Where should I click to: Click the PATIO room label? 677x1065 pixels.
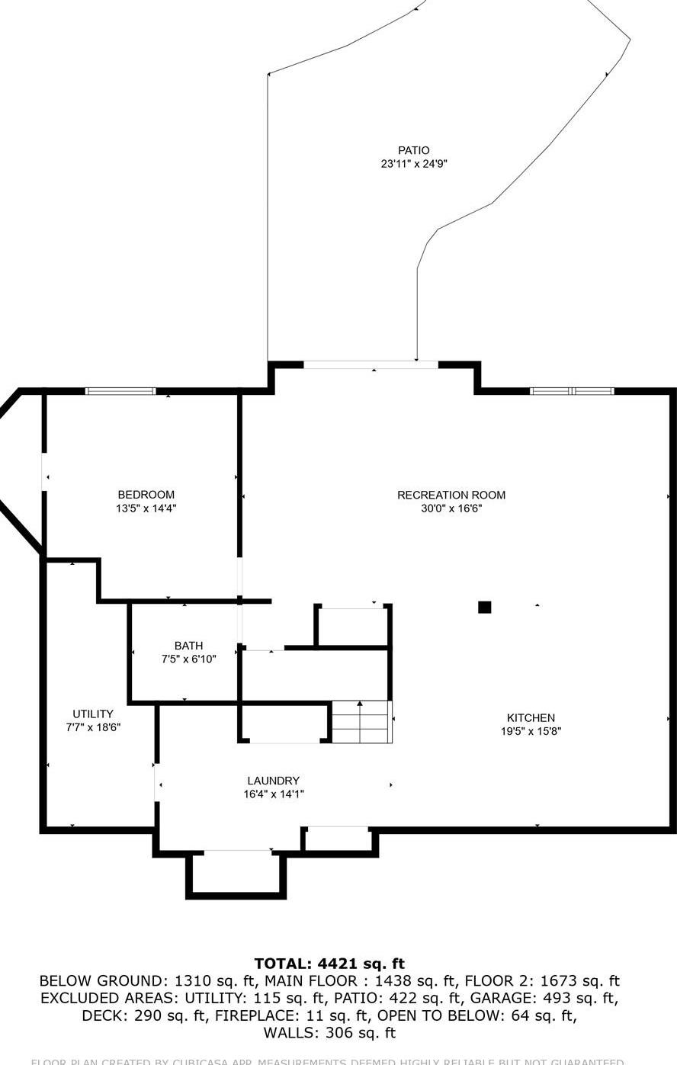point(413,150)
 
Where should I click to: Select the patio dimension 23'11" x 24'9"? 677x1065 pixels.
point(413,164)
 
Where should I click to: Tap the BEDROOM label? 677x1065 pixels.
point(146,495)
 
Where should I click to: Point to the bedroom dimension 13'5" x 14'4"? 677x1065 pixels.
point(146,508)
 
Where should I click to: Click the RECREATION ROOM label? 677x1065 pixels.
point(451,495)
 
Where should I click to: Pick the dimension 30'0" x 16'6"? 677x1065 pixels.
point(451,508)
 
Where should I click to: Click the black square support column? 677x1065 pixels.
point(484,608)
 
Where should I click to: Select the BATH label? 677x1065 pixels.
point(188,646)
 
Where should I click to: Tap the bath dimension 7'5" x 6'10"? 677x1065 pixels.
point(188,659)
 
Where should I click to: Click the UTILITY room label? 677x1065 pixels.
point(93,714)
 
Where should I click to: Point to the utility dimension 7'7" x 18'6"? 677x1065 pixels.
point(93,728)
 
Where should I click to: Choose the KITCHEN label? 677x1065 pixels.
point(531,717)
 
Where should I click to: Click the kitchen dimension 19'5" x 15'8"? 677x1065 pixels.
point(531,731)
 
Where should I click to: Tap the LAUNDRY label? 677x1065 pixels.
point(273,781)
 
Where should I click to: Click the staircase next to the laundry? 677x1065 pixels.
point(361,722)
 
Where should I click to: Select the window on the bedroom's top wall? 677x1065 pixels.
point(120,391)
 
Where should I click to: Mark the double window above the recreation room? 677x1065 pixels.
point(572,391)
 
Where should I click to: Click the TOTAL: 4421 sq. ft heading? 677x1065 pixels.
point(329,964)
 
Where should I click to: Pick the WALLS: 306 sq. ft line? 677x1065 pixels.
point(329,1034)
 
